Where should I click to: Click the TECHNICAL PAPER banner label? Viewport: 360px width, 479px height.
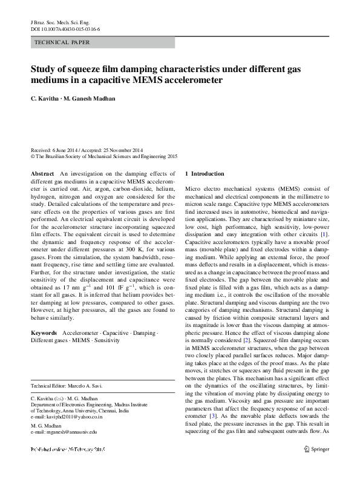[63, 43]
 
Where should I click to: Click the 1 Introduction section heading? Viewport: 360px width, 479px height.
[205, 174]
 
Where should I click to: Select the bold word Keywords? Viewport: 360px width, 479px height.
[45, 333]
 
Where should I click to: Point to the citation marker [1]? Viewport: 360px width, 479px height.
[324, 234]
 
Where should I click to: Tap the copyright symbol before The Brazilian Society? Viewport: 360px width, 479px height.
[33, 156]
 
